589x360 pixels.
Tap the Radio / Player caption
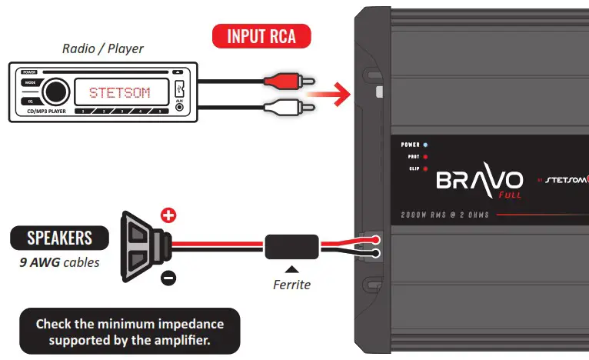point(102,48)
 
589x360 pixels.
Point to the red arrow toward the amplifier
point(326,94)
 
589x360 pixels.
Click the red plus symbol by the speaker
point(168,216)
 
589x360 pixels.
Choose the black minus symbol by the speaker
point(168,275)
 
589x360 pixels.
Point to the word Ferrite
point(292,285)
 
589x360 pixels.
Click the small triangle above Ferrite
point(292,270)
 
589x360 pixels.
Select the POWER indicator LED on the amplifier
point(426,145)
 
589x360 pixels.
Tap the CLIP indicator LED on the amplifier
point(426,168)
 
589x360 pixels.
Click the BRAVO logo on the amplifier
point(479,181)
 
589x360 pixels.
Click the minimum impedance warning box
point(129,332)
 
